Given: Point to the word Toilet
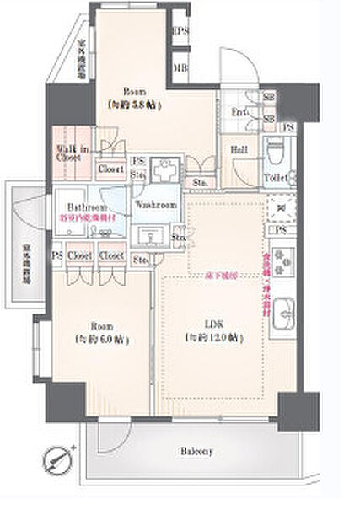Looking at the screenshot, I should point(276,178).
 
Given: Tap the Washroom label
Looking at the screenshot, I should point(155,205).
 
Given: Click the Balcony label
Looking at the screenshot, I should point(195,451).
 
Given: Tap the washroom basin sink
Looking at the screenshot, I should point(153,231).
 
